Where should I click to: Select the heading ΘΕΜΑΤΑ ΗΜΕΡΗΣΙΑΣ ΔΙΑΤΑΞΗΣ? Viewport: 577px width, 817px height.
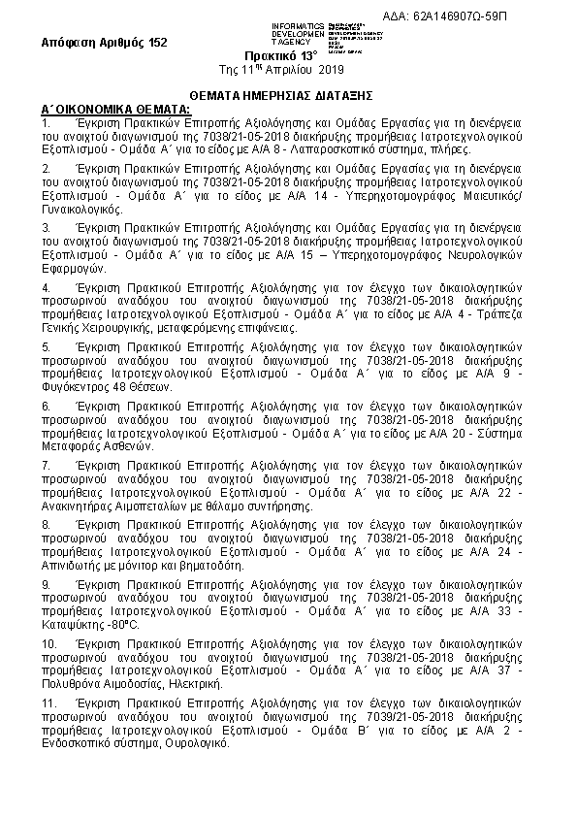coord(288,98)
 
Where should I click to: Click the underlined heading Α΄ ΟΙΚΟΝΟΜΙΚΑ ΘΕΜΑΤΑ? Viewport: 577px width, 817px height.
coord(103,111)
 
